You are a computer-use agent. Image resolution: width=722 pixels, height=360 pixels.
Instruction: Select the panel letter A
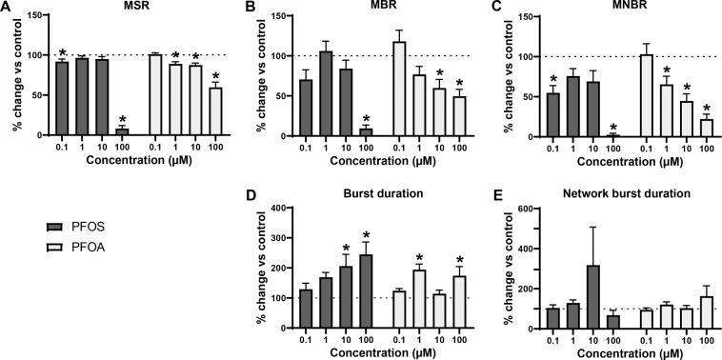[x=8, y=8]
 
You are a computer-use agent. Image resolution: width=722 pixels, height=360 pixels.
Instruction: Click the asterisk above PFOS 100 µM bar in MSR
[x=121, y=120]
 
